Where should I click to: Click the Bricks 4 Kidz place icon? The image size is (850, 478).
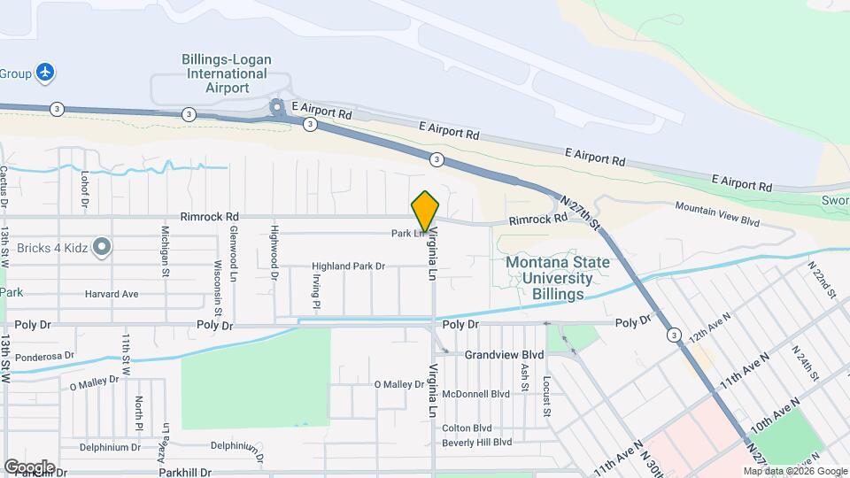(102, 247)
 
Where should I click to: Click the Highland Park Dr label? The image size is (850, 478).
(349, 266)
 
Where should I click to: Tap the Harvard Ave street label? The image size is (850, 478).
(112, 294)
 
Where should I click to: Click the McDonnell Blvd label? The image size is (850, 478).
(475, 394)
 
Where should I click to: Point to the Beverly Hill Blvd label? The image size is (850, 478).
(477, 442)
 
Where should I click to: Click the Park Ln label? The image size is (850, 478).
(404, 235)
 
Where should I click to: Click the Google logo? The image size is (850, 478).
(29, 466)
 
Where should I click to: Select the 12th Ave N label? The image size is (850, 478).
(709, 328)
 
